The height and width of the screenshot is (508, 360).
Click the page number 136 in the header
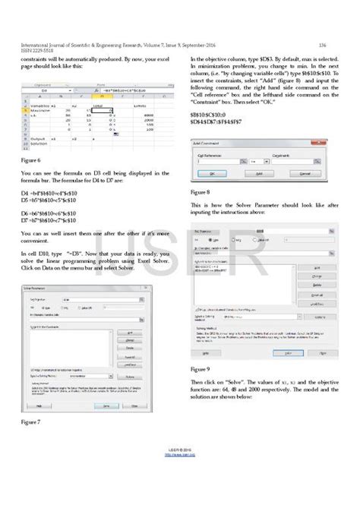(322, 45)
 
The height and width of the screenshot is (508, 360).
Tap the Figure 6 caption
(31, 161)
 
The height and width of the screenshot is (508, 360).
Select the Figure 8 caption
(201, 193)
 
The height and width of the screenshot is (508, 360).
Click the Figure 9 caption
(201, 368)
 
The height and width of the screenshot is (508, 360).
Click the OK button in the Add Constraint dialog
(213, 172)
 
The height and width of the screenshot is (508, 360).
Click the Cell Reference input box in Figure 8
(228, 160)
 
